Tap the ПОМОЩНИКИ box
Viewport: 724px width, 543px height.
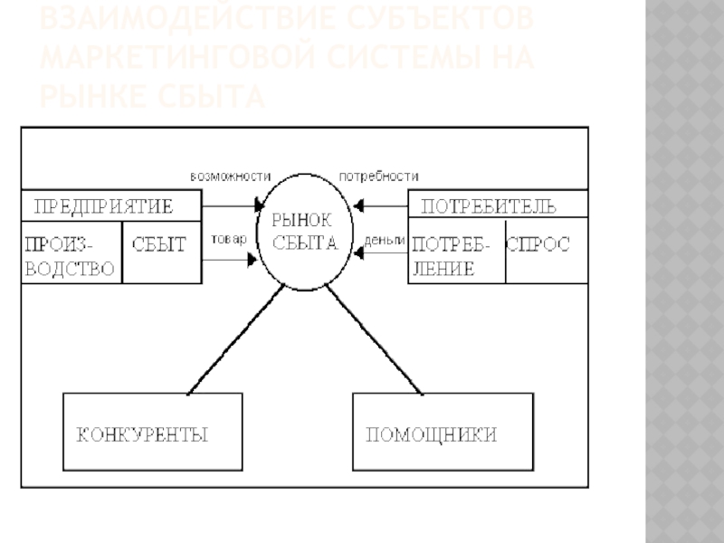point(431,433)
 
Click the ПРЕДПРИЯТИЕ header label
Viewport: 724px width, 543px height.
point(103,205)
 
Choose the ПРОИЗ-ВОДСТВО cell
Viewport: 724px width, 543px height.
point(70,254)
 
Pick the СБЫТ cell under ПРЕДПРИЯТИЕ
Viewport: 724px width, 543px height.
point(159,244)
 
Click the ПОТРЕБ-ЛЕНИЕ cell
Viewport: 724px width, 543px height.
point(455,254)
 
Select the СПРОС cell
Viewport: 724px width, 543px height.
point(538,244)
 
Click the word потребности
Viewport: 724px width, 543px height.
point(378,176)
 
